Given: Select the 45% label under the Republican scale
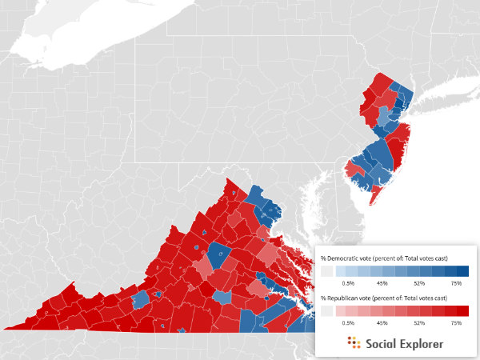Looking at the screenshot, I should [x=382, y=322].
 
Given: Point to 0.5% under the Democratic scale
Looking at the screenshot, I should [x=348, y=282].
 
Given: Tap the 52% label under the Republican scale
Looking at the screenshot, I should [x=419, y=322].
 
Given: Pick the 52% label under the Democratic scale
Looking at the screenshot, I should [x=419, y=282].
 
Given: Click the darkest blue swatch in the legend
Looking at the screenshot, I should [x=463, y=272].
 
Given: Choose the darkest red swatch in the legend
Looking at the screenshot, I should [x=463, y=311].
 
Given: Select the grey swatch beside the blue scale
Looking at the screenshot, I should [x=326, y=272].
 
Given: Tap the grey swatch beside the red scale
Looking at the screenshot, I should [x=326, y=311].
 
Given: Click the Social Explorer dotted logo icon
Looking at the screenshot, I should [x=354, y=343].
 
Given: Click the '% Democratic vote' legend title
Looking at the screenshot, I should [x=383, y=258].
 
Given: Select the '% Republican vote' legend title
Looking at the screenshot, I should [x=383, y=298].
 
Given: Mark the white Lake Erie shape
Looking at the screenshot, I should [x=80, y=32].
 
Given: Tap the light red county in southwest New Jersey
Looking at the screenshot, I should [x=354, y=170].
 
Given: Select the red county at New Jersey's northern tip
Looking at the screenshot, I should [x=381, y=82].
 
